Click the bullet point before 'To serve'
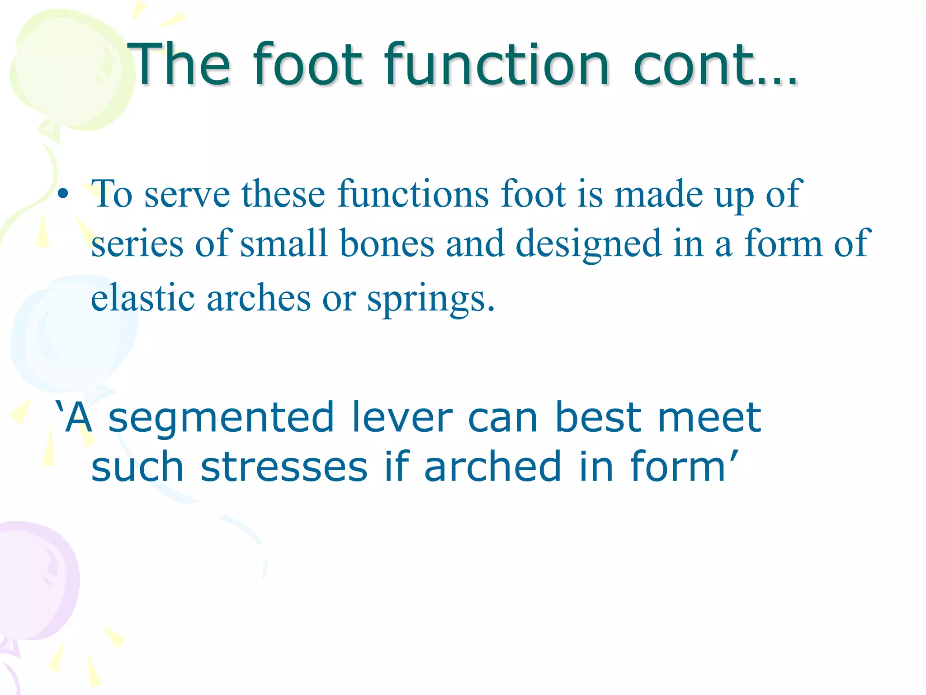tap(63, 195)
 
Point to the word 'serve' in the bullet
tap(187, 195)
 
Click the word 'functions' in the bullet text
tap(413, 195)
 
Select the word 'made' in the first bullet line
tap(658, 195)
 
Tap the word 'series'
tap(137, 244)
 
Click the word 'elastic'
tap(143, 299)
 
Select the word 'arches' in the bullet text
tap(259, 299)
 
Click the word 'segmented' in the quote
tap(222, 419)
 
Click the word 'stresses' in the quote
tap(284, 467)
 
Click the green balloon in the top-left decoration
tap(68, 68)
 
